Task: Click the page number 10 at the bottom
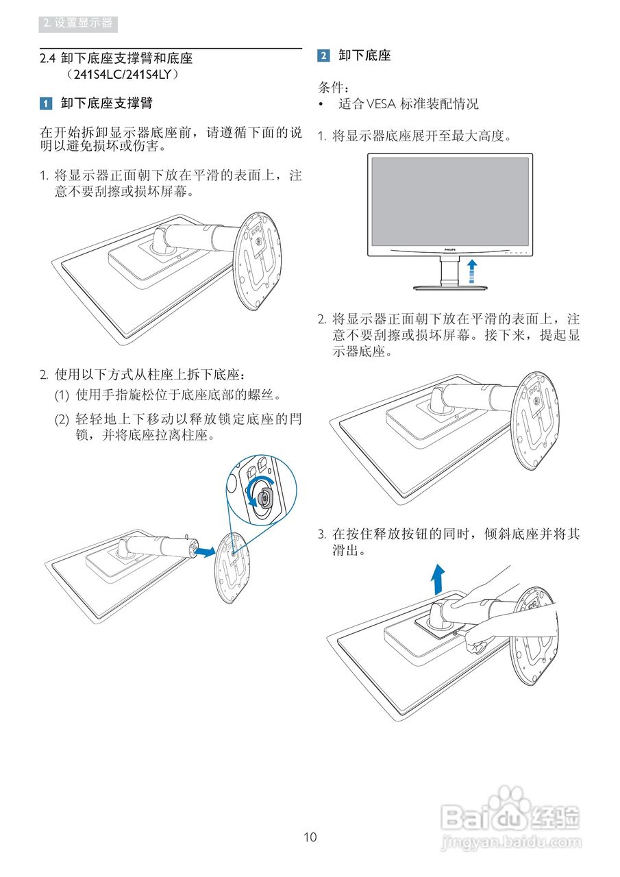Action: (310, 837)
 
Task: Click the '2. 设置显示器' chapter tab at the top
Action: (78, 23)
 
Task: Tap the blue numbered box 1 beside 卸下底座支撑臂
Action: (45, 103)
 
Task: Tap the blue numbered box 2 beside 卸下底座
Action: (323, 56)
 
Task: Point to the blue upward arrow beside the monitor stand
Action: (471, 271)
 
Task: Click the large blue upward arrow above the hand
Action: (437, 579)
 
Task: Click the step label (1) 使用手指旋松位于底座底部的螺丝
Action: (168, 395)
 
